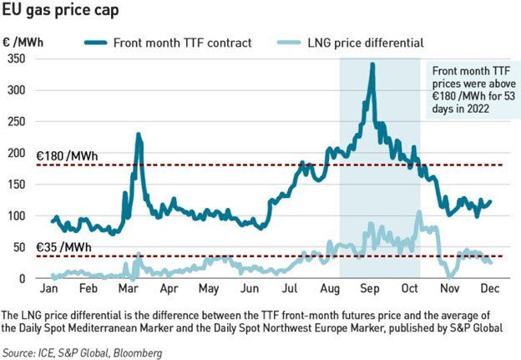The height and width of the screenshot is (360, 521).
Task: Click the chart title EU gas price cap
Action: click(x=59, y=11)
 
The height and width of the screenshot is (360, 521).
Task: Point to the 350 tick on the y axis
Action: click(x=17, y=58)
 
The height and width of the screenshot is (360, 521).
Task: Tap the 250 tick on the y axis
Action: click(x=17, y=121)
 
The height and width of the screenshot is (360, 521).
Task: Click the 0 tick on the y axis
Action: click(x=23, y=278)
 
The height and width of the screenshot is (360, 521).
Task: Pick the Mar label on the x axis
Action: click(x=129, y=291)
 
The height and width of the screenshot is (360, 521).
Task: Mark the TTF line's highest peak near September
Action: click(x=372, y=63)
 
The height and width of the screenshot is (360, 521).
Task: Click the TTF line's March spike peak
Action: click(x=138, y=134)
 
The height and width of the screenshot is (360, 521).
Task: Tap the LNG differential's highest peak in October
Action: click(x=419, y=212)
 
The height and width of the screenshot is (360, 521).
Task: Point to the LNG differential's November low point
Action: click(x=451, y=276)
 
